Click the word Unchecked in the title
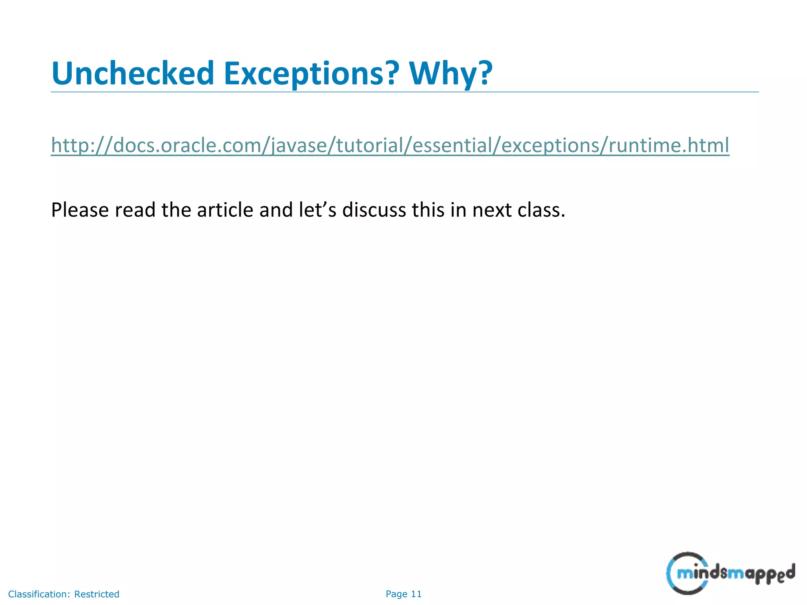133,74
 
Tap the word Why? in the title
451,74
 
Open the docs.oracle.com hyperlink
390,145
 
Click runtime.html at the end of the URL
669,145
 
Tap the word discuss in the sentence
374,210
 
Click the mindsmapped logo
730,573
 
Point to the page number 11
416,594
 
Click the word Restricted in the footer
97,594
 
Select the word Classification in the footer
39,594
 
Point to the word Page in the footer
396,594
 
